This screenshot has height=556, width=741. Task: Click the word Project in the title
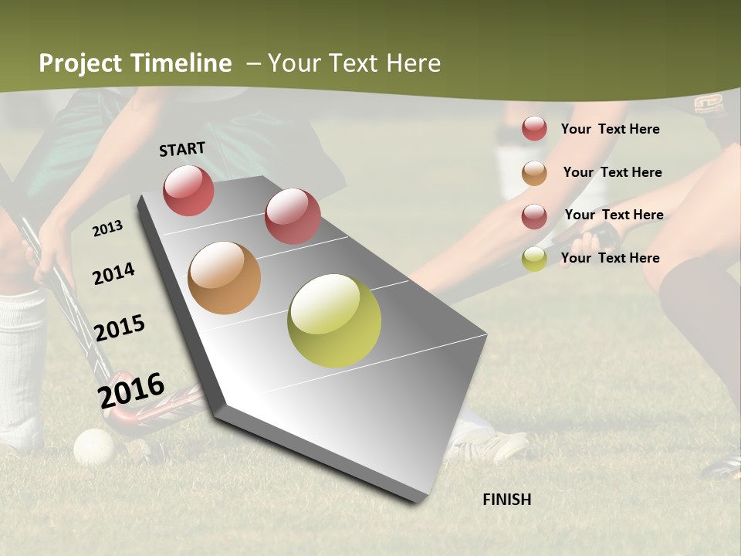(x=80, y=63)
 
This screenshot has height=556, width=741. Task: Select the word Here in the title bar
(x=413, y=63)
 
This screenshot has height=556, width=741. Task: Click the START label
(x=182, y=149)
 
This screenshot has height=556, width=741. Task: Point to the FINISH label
(x=507, y=500)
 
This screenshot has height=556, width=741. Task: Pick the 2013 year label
(x=108, y=229)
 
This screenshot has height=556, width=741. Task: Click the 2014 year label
(x=114, y=273)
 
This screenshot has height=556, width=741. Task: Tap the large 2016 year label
(x=131, y=390)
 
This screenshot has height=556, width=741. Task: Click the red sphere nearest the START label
(x=188, y=190)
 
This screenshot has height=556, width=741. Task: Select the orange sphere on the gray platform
(x=224, y=278)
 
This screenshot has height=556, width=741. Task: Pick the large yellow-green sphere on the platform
(x=334, y=320)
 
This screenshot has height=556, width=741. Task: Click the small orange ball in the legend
(x=534, y=173)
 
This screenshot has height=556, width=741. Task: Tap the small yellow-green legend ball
(x=534, y=259)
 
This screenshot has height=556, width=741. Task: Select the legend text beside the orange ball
(x=612, y=172)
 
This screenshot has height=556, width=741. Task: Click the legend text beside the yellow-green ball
(x=610, y=258)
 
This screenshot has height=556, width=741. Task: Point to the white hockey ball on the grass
(x=93, y=446)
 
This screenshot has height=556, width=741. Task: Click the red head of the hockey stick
(x=123, y=417)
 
